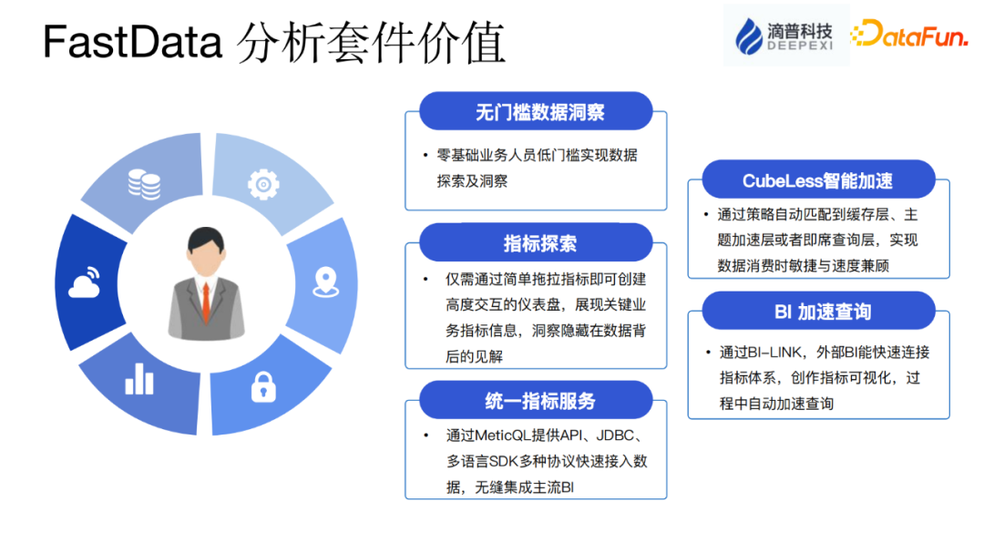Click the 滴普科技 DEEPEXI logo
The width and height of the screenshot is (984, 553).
[784, 36]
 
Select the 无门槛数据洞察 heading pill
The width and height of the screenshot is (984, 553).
[536, 112]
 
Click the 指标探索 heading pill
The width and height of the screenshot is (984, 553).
[536, 243]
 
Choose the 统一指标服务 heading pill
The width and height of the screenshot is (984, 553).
[536, 401]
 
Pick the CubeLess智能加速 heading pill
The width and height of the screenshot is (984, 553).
[817, 180]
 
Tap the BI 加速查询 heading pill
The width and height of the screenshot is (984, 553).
[817, 312]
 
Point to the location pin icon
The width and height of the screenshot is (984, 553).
[325, 282]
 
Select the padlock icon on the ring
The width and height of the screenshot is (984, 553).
[263, 386]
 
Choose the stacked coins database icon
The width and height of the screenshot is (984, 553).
[144, 184]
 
